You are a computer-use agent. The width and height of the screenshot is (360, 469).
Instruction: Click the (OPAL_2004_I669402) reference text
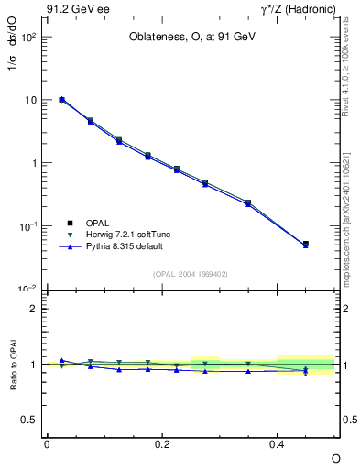(x=191, y=273)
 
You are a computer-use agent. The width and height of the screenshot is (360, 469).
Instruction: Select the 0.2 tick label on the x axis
(x=161, y=443)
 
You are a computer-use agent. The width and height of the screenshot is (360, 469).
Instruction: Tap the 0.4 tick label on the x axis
(x=277, y=443)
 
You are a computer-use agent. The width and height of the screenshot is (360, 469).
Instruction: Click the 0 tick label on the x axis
(x=47, y=443)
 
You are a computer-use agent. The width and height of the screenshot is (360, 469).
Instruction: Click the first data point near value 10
(x=61, y=99)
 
